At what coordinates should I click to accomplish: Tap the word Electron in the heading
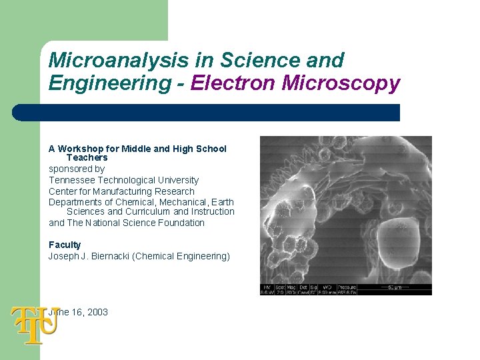[x=235, y=83]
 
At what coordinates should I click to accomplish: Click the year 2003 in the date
[x=97, y=312]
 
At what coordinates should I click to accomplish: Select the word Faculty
[x=65, y=245]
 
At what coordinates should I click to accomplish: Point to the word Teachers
[x=87, y=158]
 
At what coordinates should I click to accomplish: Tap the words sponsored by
[x=76, y=169]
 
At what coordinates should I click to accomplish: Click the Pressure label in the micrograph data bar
[x=347, y=287]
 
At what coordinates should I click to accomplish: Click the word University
[x=178, y=180]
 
